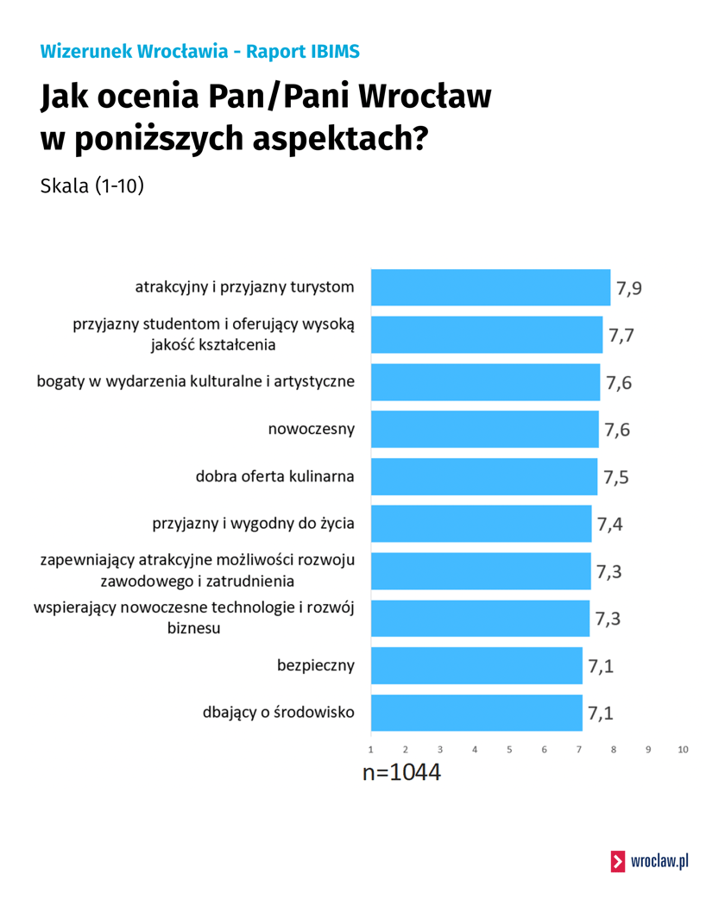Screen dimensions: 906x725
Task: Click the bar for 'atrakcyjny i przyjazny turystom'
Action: click(x=490, y=287)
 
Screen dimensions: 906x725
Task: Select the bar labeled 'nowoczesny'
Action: click(x=484, y=429)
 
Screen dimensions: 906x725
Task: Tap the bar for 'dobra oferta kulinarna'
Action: click(x=483, y=476)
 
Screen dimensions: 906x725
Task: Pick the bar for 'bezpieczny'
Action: click(x=476, y=665)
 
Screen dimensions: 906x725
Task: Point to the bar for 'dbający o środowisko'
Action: click(x=476, y=713)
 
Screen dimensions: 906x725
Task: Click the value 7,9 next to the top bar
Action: click(x=627, y=288)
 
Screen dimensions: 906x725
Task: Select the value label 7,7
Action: click(x=621, y=336)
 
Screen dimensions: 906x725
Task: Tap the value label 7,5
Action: click(x=616, y=477)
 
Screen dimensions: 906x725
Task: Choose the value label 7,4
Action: click(x=610, y=525)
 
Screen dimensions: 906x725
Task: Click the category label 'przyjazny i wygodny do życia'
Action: click(x=253, y=523)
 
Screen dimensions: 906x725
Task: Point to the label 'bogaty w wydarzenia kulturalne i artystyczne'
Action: click(x=196, y=381)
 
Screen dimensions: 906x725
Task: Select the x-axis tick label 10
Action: click(x=683, y=750)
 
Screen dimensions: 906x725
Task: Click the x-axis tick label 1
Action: click(x=371, y=750)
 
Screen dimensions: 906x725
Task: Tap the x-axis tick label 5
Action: click(x=509, y=750)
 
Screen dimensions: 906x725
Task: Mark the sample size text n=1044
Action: click(x=401, y=773)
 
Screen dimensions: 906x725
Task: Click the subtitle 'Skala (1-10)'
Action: click(x=92, y=186)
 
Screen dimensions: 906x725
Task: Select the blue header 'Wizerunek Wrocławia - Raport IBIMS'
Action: click(x=199, y=52)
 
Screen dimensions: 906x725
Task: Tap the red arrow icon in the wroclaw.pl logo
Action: click(x=618, y=860)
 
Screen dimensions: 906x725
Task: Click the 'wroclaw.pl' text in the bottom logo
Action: click(x=659, y=860)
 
